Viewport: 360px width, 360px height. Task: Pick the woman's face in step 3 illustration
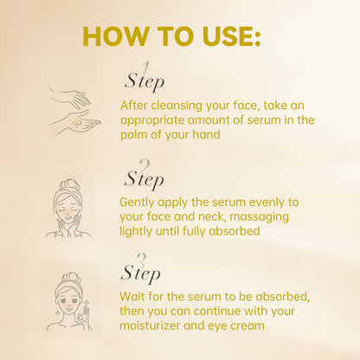coord(69,299)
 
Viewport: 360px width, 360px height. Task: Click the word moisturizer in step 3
coord(157,325)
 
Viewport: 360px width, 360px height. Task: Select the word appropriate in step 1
coord(154,120)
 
